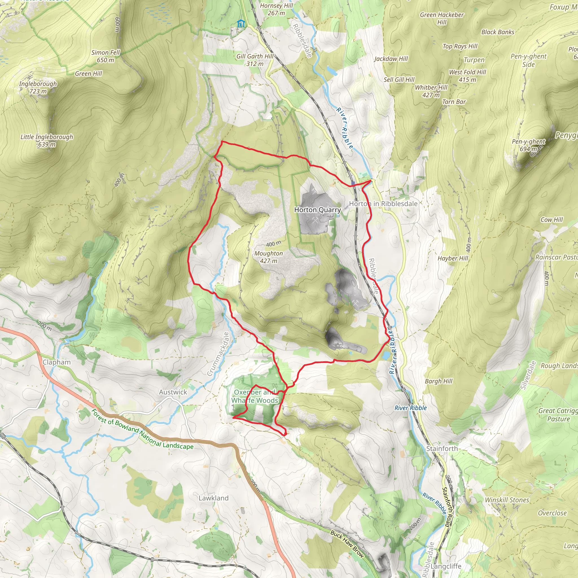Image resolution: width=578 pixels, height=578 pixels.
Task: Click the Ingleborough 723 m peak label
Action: [38, 87]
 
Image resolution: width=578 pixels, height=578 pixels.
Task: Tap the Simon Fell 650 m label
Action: [105, 56]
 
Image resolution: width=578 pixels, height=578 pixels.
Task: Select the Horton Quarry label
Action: [318, 210]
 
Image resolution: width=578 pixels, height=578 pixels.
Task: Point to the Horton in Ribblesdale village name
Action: [383, 204]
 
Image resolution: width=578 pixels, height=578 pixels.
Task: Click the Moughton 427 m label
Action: [268, 257]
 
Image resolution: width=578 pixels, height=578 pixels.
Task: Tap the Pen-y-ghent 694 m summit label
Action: [528, 145]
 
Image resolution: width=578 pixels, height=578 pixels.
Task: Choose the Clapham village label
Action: [56, 362]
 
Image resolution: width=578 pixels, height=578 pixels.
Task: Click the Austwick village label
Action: [173, 392]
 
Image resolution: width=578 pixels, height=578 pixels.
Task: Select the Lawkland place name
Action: [213, 498]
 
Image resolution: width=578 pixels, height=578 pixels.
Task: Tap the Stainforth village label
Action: [442, 448]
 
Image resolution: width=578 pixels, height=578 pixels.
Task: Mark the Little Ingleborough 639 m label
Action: [47, 141]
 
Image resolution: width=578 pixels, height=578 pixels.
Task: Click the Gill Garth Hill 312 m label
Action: [255, 60]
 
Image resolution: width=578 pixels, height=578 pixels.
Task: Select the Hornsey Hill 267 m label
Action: [276, 9]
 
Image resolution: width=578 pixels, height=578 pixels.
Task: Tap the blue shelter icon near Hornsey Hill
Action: [241, 24]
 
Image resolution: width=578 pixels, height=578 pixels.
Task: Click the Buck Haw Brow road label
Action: [347, 544]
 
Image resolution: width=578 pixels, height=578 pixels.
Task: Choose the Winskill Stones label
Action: [507, 500]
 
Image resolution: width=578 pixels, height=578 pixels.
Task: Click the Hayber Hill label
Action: [453, 258]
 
